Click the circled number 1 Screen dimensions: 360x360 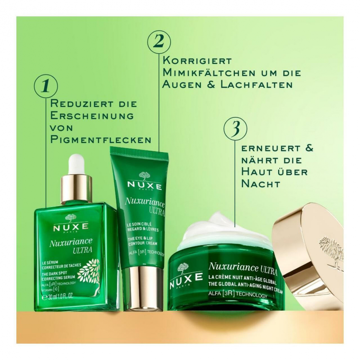click(46, 86)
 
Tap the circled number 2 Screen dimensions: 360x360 click(159, 42)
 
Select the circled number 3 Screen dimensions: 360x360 click(236, 128)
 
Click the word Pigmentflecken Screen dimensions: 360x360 click(101, 139)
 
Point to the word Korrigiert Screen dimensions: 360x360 click(197, 61)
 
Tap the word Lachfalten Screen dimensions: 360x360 click(257, 85)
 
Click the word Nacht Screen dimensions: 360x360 click(261, 184)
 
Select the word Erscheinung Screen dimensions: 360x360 click(92, 115)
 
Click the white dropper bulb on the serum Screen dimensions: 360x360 click(77, 164)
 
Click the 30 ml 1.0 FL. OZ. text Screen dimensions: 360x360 click(58, 297)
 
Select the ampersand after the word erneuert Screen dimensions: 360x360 click(308, 148)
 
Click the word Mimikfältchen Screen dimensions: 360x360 click(209, 73)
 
